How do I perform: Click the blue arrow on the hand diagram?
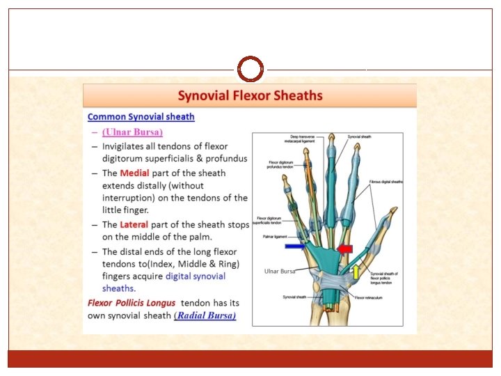coord(294,246)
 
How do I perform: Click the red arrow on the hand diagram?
coord(344,249)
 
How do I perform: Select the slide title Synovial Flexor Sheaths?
coord(250,95)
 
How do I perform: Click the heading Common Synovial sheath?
coord(141,117)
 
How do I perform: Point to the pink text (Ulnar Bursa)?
coord(132,132)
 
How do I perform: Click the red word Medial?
coord(135,173)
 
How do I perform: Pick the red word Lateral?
coord(136,224)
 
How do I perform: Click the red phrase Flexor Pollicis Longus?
coord(132,303)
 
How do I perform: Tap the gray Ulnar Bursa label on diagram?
coord(280,271)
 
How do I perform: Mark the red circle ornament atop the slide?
coord(250,69)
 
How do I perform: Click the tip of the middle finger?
coord(332,139)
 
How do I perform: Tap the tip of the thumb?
coord(395,211)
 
